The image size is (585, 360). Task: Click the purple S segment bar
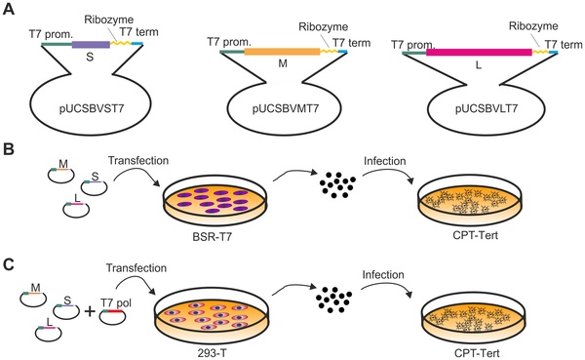[91, 45]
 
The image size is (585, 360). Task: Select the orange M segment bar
[282, 52]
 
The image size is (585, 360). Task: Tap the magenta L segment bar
[479, 52]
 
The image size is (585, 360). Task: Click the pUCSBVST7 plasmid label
[91, 108]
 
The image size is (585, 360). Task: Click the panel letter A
[8, 8]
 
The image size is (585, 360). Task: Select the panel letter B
[8, 149]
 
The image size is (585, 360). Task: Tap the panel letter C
[8, 264]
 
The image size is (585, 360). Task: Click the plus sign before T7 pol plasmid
[89, 311]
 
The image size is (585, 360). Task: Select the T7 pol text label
[116, 302]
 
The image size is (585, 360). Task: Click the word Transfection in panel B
[138, 161]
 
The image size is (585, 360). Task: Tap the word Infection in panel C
[383, 275]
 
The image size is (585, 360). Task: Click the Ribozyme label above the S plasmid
[108, 20]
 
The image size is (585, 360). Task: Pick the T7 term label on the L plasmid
[564, 45]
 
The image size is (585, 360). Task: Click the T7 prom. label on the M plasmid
[229, 42]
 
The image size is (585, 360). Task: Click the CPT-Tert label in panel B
[476, 236]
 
